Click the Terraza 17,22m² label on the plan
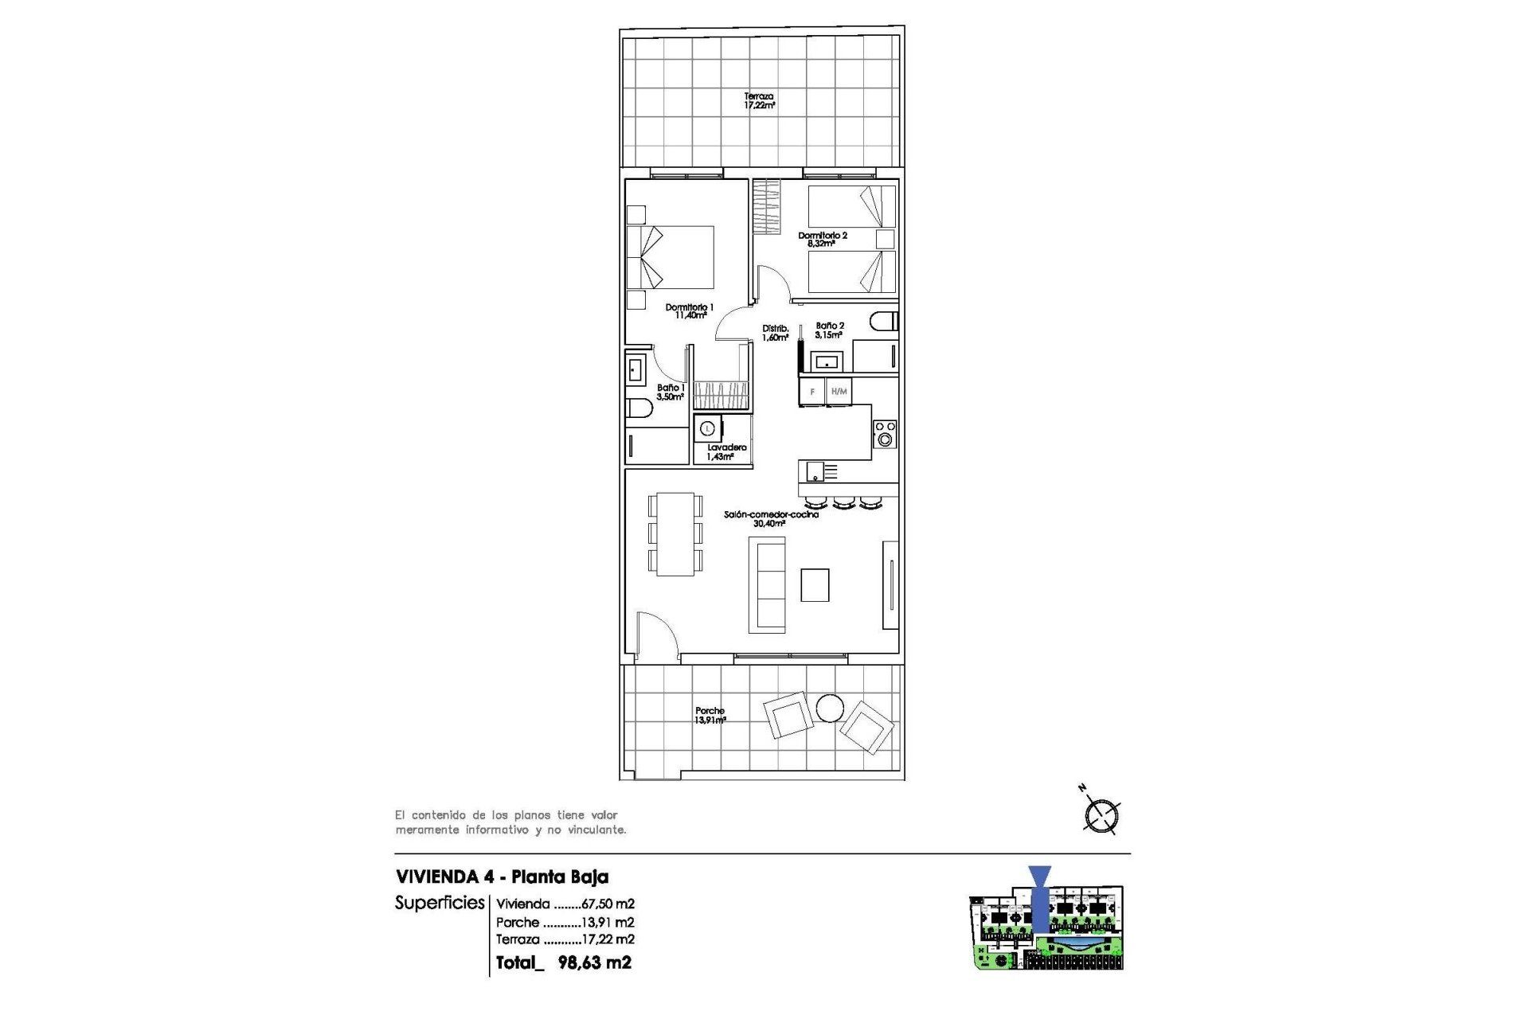[x=759, y=100]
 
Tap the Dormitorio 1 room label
[x=690, y=311]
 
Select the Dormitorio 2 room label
[x=823, y=240]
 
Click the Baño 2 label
[x=829, y=330]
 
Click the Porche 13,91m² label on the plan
[x=710, y=716]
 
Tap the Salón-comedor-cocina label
[x=770, y=519]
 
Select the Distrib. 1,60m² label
[x=775, y=333]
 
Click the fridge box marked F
[x=812, y=392]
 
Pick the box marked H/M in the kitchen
[x=839, y=392]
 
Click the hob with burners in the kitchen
[x=885, y=434]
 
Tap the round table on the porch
[x=830, y=708]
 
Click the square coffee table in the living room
[x=815, y=585]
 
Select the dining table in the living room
[x=675, y=534]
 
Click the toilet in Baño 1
[x=639, y=409]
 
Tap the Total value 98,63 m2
[x=594, y=962]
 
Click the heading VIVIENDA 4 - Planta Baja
[x=502, y=876]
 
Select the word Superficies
[x=440, y=903]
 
